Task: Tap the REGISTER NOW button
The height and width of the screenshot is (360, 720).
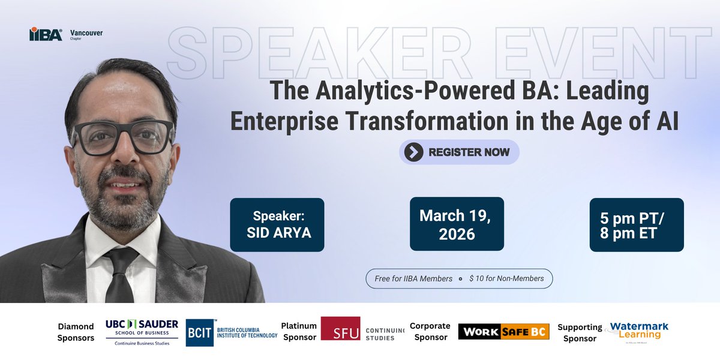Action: [x=459, y=152]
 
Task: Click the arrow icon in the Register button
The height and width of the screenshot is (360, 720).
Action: [x=413, y=152]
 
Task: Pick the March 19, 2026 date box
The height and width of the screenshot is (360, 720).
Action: [x=456, y=224]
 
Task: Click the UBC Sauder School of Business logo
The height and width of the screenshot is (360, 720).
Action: [x=142, y=332]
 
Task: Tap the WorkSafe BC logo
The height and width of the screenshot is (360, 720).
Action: [x=503, y=331]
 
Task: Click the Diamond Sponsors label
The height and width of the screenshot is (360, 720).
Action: [x=76, y=332]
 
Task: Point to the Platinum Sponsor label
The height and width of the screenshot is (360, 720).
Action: [x=298, y=332]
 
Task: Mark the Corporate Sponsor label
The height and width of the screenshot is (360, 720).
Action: [x=430, y=331]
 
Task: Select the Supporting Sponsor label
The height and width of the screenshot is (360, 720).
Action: [x=579, y=332]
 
